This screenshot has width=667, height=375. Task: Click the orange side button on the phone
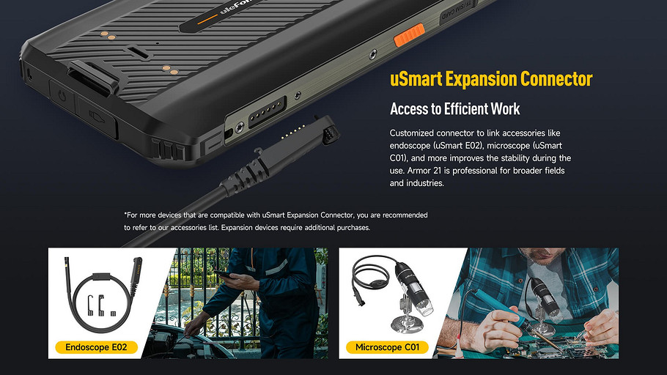[409, 35]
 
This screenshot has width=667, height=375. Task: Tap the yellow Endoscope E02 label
[96, 347]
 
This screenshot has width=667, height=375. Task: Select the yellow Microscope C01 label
[387, 347]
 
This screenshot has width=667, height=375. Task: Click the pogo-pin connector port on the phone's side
[267, 111]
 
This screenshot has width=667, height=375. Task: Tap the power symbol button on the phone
[63, 96]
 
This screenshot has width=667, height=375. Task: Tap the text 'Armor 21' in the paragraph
[422, 171]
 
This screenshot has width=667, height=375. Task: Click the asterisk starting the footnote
[125, 214]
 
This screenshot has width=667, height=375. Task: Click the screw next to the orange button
[373, 54]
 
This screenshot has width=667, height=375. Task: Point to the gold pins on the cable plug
[293, 131]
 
